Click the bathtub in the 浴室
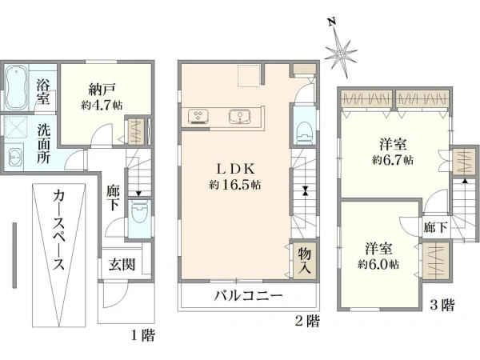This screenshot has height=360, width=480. (16, 87)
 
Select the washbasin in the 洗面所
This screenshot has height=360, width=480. (14, 157)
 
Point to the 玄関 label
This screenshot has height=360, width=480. (122, 264)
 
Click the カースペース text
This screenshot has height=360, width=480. (58, 230)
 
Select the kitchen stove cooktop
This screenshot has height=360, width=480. (198, 116)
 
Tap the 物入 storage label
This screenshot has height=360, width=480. (305, 261)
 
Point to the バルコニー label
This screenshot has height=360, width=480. (248, 296)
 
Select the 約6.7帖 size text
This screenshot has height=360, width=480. (393, 160)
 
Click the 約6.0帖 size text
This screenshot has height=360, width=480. (378, 264)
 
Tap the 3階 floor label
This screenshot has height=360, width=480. (442, 306)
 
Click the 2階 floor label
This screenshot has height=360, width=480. (307, 321)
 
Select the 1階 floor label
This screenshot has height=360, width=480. (143, 336)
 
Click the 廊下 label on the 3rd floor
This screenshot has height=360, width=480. (435, 227)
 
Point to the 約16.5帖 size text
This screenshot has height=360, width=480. (235, 185)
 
